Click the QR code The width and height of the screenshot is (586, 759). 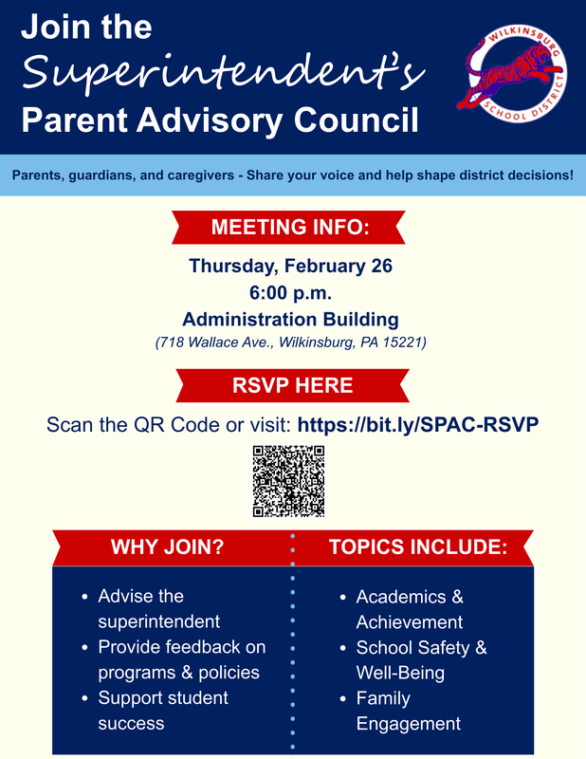click(x=288, y=481)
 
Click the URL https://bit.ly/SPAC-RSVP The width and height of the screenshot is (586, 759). click(x=418, y=424)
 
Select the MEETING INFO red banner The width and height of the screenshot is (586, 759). click(x=289, y=228)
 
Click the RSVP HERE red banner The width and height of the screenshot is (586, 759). click(x=292, y=385)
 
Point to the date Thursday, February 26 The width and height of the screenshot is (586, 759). click(x=290, y=267)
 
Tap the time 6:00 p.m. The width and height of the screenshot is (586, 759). click(x=290, y=293)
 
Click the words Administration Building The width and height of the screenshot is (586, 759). click(x=290, y=319)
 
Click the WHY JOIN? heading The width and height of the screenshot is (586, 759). click(x=167, y=547)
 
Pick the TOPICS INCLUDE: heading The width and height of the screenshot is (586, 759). click(x=417, y=547)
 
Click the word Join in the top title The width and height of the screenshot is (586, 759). click(x=54, y=27)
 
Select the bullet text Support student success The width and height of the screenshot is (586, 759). click(x=163, y=711)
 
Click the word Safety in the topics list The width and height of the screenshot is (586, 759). click(x=442, y=648)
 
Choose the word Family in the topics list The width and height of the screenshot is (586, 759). click(x=383, y=698)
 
